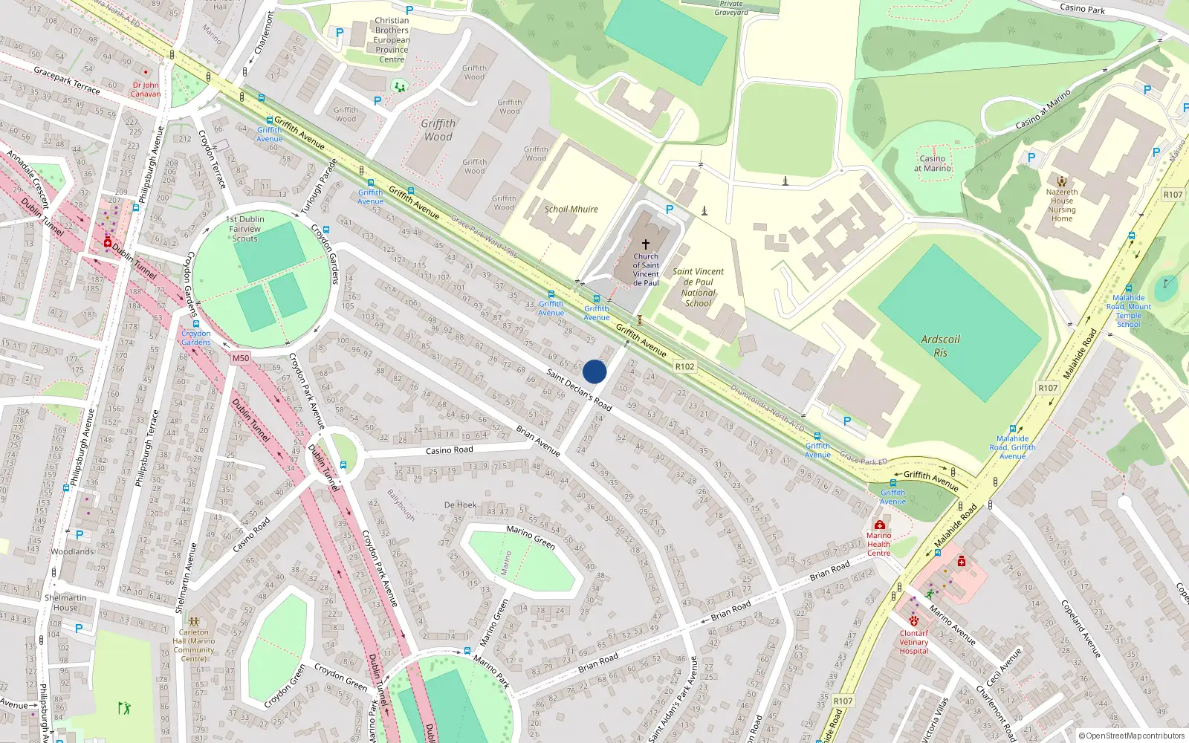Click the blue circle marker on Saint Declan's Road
594,371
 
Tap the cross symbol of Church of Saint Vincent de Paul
646,244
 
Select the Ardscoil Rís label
940,345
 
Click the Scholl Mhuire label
571,210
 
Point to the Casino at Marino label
933,163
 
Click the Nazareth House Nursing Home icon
1062,181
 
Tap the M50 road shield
241,358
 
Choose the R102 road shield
684,366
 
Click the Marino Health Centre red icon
879,525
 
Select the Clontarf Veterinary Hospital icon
914,621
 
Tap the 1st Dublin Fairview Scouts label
245,229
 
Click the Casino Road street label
449,450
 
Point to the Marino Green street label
531,537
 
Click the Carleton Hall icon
194,622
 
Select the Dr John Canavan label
146,89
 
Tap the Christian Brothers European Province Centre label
392,40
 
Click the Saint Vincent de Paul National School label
699,287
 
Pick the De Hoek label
461,505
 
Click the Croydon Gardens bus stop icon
196,324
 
